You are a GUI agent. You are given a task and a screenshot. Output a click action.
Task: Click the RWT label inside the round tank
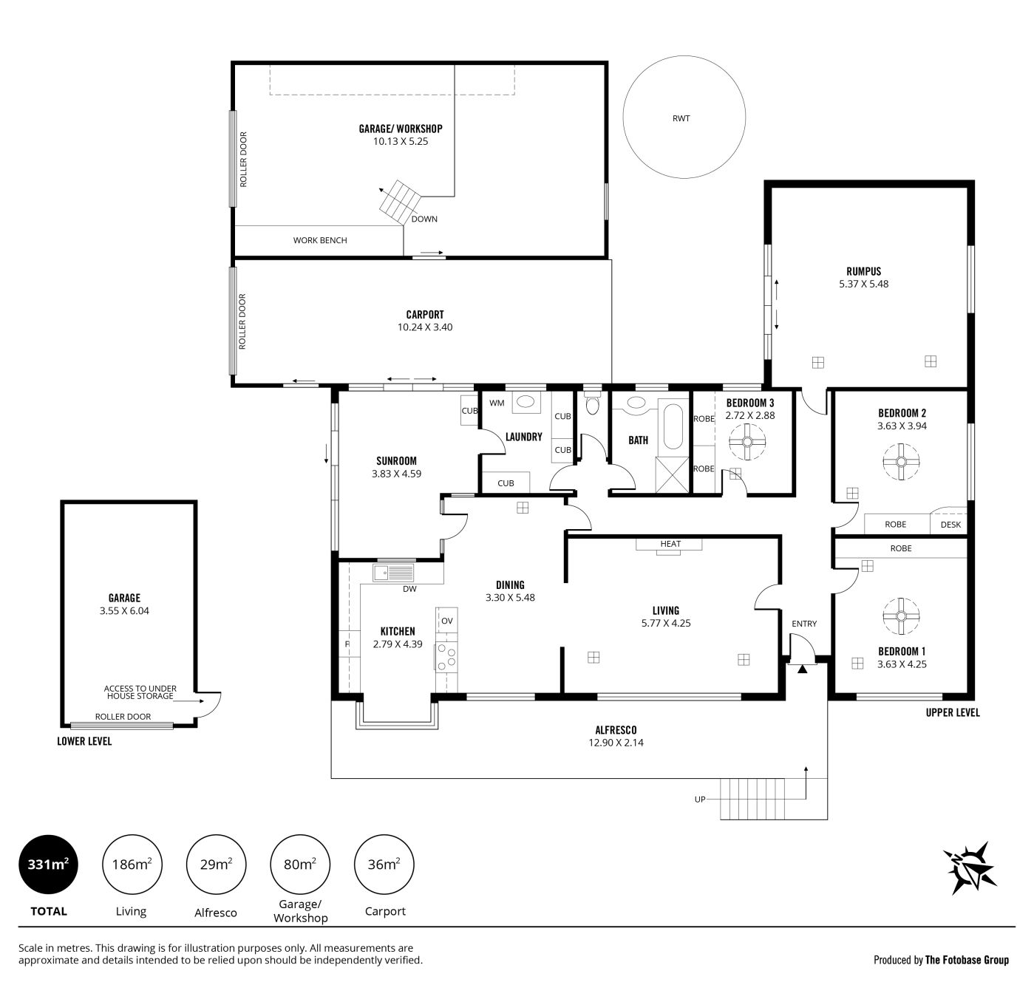[x=681, y=118]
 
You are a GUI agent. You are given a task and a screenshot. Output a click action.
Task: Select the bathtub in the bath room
[x=673, y=426]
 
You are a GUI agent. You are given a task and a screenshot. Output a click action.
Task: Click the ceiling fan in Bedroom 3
[x=746, y=442]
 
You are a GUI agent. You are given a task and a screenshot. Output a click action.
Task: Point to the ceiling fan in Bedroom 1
[x=901, y=616]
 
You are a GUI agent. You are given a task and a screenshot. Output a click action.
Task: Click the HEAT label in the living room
[x=670, y=544]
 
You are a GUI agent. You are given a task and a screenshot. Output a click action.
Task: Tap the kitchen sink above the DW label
[x=393, y=572]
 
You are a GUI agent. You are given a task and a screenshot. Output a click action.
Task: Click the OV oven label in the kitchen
[x=446, y=621]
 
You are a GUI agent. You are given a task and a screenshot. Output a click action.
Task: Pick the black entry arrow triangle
[x=802, y=669]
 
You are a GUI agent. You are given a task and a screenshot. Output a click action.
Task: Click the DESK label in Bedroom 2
[x=950, y=525]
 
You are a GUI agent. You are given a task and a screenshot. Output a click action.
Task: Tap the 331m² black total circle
[x=48, y=865]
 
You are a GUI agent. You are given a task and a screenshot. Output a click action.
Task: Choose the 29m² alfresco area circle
[x=216, y=865]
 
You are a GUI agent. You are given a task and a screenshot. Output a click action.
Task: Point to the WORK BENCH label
[x=320, y=240]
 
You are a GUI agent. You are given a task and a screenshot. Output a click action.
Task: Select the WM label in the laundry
[x=497, y=403]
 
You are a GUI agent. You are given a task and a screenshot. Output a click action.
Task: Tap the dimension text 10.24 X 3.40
[x=425, y=327]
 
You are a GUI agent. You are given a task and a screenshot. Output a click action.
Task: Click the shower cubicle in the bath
[x=672, y=475]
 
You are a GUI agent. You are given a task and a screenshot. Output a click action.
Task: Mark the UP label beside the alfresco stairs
[x=699, y=800]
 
